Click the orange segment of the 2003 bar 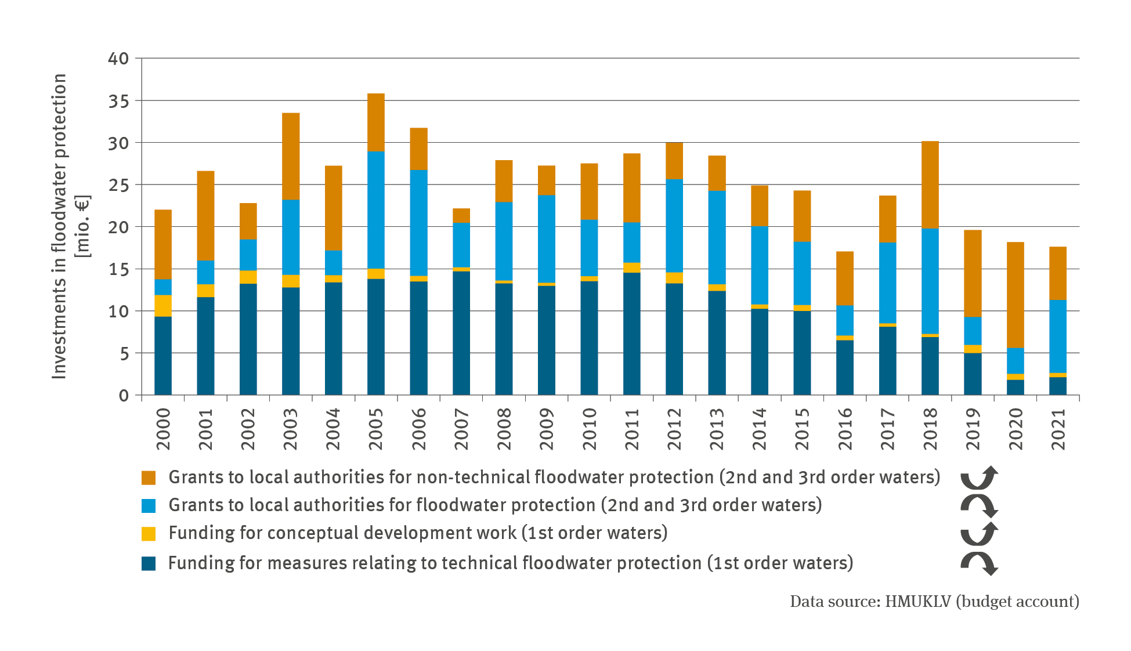pyautogui.click(x=291, y=156)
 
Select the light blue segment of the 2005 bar pyautogui.click(x=376, y=210)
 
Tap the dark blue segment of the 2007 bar pyautogui.click(x=461, y=333)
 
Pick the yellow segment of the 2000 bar pyautogui.click(x=163, y=306)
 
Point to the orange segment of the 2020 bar pyautogui.click(x=1015, y=295)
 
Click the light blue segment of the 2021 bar pyautogui.click(x=1058, y=337)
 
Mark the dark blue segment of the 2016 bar pyautogui.click(x=845, y=367)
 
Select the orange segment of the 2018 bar pyautogui.click(x=930, y=185)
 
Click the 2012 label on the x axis pyautogui.click(x=674, y=429)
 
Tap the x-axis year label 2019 pyautogui.click(x=973, y=429)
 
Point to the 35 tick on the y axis pyautogui.click(x=118, y=101)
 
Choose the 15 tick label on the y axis pyautogui.click(x=118, y=269)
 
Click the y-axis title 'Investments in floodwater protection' pyautogui.click(x=60, y=226)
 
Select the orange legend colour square pyautogui.click(x=149, y=478)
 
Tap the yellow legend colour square pyautogui.click(x=149, y=533)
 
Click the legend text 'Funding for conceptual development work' pyautogui.click(x=342, y=533)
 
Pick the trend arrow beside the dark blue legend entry pyautogui.click(x=979, y=563)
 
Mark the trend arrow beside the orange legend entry pyautogui.click(x=979, y=478)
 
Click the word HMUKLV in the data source pyautogui.click(x=917, y=602)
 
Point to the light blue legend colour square pyautogui.click(x=149, y=505)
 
